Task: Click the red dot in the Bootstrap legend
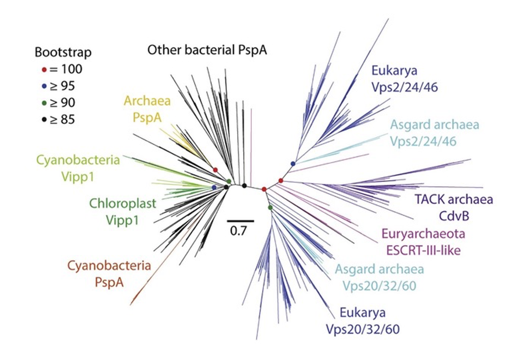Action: (x=44, y=69)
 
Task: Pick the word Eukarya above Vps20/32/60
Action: (x=362, y=312)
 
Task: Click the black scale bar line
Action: (x=241, y=220)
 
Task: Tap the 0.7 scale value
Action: (x=238, y=230)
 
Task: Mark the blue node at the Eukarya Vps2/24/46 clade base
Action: (x=293, y=163)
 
